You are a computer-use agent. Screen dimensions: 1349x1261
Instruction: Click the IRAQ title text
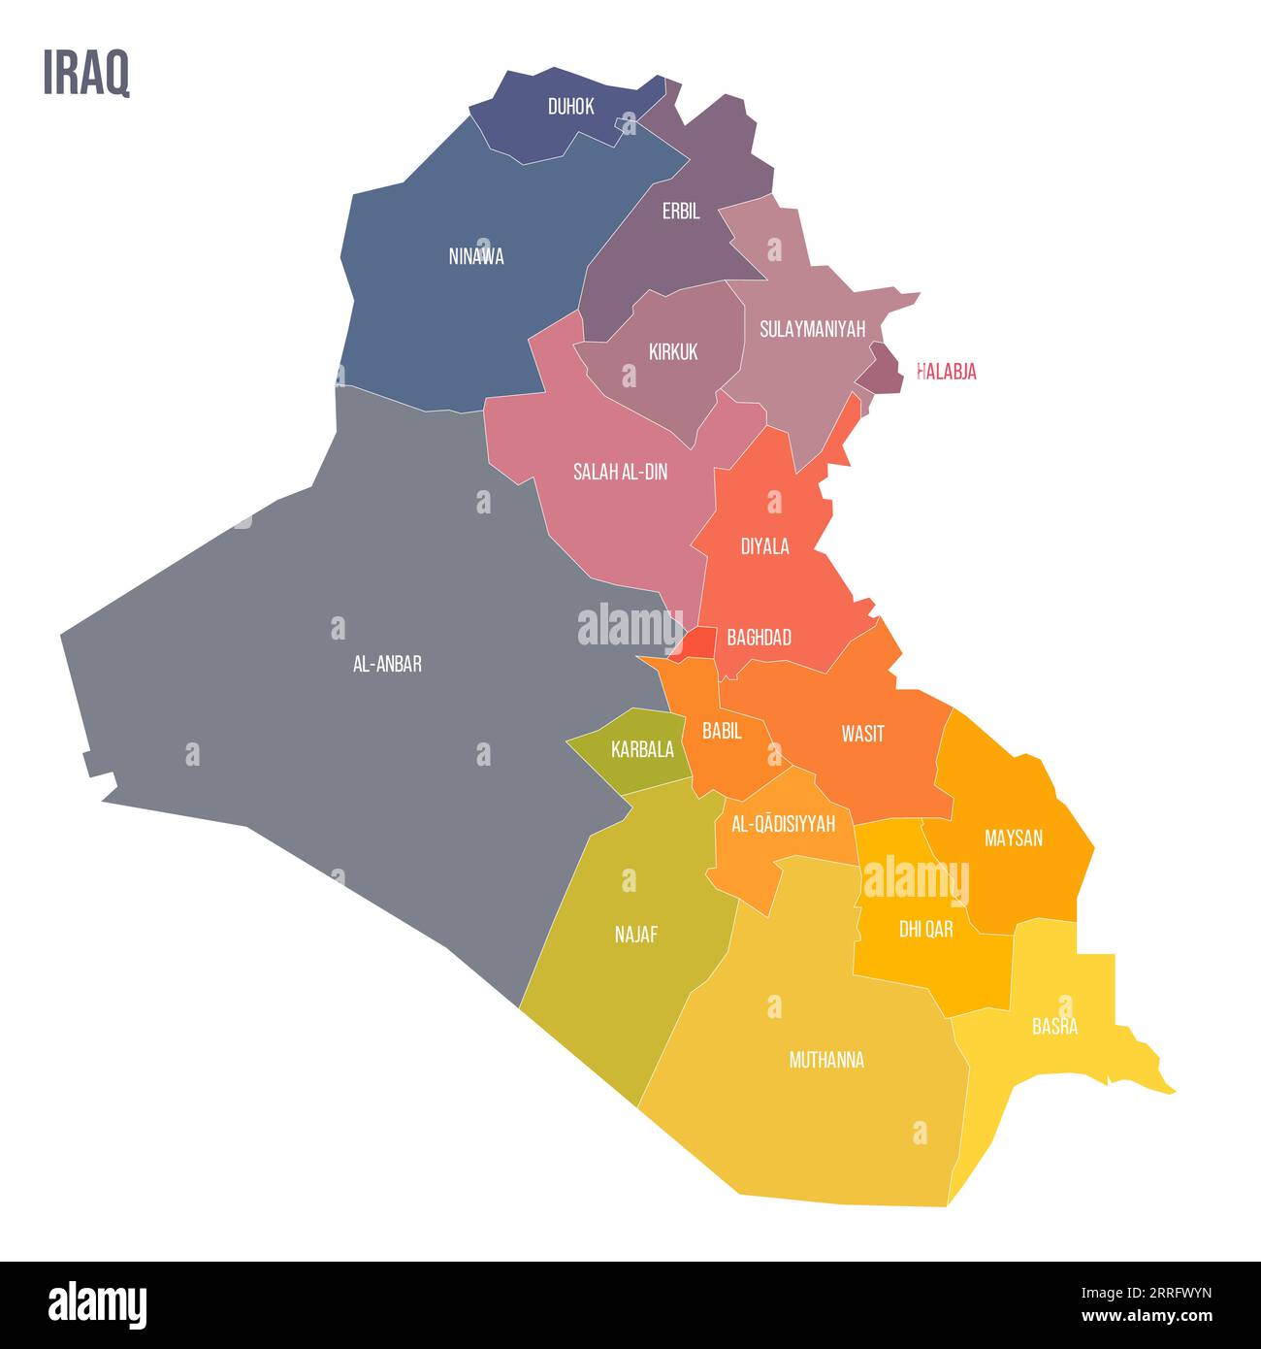[x=86, y=74]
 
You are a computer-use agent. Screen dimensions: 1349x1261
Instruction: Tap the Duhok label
[x=570, y=107]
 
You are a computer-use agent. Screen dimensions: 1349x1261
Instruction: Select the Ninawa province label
[x=476, y=257]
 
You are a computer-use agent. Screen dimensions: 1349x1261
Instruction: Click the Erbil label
[x=681, y=212]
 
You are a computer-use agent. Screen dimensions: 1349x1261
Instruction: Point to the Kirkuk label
[x=673, y=352]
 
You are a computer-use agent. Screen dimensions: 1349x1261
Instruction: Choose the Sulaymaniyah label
[x=812, y=329]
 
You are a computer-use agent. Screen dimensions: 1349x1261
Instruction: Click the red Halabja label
[x=947, y=372]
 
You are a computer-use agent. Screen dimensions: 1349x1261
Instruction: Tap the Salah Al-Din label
[x=620, y=473]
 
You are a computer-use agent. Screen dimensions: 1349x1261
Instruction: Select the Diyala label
[x=764, y=546]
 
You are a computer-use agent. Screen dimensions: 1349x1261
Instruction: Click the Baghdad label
[x=759, y=638]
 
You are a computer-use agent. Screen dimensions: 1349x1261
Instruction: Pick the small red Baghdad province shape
[x=699, y=643]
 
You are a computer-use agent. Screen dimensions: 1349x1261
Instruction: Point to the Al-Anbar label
[x=387, y=665]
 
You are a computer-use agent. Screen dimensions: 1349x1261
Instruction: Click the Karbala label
[x=642, y=749]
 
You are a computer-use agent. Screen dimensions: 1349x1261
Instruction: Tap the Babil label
[x=722, y=732]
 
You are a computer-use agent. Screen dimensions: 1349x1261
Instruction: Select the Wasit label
[x=862, y=734]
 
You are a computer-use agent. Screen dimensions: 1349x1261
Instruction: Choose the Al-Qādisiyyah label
[x=783, y=824]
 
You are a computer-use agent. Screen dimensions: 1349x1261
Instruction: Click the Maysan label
[x=1013, y=838]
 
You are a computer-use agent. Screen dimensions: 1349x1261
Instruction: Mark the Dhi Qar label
[x=925, y=930]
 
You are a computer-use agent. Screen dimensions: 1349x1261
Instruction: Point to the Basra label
[x=1054, y=1027]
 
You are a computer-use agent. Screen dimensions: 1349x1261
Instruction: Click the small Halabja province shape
[x=884, y=370]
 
